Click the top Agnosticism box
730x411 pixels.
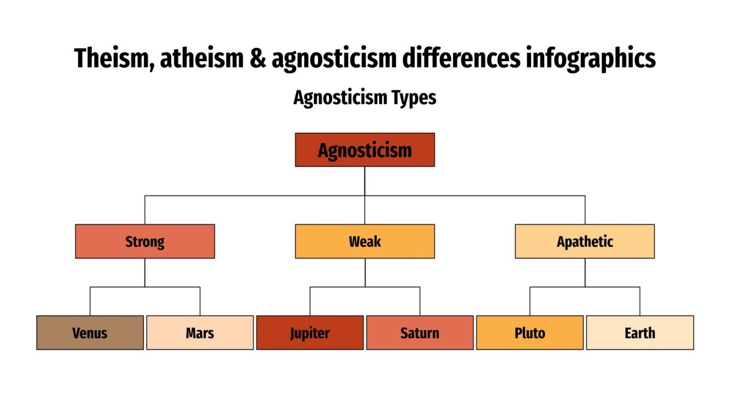tap(364, 150)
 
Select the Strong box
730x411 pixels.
tap(145, 241)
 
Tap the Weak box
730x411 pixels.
tap(364, 241)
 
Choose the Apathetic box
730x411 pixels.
tap(585, 241)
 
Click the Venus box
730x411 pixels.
tap(90, 332)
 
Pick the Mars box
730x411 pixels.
tap(200, 332)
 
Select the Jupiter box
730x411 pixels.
tap(310, 332)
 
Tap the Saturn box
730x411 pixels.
tap(420, 332)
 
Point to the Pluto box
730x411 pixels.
tap(529, 332)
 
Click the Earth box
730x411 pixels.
tap(640, 332)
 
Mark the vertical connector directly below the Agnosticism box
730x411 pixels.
tap(364, 180)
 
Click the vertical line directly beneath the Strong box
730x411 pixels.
tap(145, 272)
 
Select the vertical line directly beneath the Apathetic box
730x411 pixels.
tap(585, 272)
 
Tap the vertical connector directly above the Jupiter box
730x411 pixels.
tap(310, 301)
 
